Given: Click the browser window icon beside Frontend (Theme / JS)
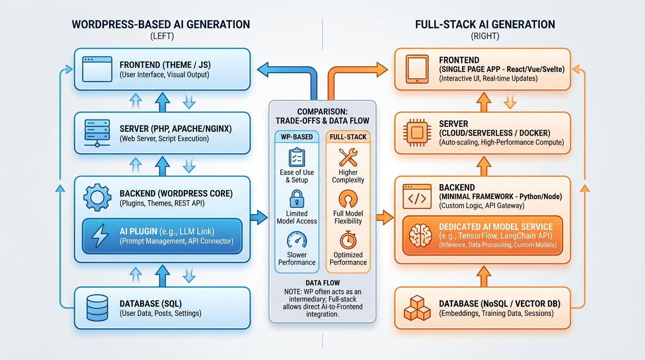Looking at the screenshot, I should pos(97,69).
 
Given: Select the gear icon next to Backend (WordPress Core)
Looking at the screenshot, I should pos(97,197).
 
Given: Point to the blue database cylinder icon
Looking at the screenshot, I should pos(97,307).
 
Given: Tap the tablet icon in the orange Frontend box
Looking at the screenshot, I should pos(417,69).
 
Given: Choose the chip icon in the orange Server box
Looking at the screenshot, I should pos(417,133).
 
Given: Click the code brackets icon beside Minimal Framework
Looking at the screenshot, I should pos(417,197).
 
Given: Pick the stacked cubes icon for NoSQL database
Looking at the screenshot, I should pos(417,307).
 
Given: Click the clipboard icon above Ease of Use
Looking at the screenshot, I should pos(297,157).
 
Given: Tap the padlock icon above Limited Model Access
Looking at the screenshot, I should pos(297,199).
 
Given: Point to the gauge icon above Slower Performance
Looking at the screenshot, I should pos(297,240).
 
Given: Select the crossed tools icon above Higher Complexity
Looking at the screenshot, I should pos(348,157).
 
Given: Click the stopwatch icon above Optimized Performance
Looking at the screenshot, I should pos(348,240).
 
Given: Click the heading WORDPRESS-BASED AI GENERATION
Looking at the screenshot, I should pos(161,24).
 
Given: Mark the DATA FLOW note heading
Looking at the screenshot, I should pos(322,283).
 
